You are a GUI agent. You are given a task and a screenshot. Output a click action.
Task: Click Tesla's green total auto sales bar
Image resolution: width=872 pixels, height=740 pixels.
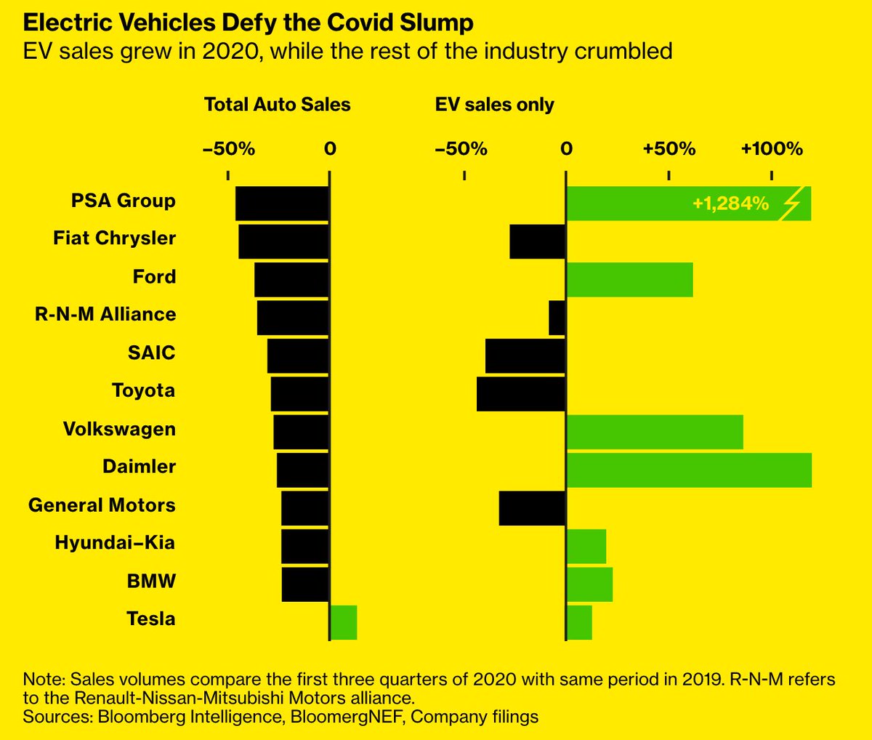[x=343, y=622]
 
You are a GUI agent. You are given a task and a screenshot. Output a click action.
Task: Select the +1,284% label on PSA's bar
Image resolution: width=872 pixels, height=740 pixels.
[x=730, y=204]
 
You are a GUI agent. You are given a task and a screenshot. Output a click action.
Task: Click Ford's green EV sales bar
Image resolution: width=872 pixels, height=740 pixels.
[x=629, y=280]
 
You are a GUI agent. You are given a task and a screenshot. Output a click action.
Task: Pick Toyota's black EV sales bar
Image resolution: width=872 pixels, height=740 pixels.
[x=521, y=393]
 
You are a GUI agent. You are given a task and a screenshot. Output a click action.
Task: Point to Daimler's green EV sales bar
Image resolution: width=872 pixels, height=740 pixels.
[x=688, y=470]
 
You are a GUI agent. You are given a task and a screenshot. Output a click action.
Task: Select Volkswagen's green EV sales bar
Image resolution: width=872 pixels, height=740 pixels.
[x=654, y=432]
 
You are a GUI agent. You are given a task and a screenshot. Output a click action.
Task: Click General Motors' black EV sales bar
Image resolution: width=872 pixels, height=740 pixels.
[x=532, y=508]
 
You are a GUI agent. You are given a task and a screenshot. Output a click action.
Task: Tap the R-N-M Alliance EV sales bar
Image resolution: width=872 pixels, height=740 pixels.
[x=557, y=318]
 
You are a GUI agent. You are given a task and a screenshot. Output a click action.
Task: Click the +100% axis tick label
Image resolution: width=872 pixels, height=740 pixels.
[x=772, y=149]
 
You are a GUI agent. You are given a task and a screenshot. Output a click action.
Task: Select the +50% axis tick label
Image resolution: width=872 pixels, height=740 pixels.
[x=669, y=149]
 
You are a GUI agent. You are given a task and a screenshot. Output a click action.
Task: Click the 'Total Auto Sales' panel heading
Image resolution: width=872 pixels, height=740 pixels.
[x=278, y=105]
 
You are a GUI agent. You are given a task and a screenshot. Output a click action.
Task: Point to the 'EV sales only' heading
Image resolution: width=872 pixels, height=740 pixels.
[x=494, y=105]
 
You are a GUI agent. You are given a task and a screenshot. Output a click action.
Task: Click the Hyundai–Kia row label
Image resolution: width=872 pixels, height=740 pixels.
[x=115, y=543]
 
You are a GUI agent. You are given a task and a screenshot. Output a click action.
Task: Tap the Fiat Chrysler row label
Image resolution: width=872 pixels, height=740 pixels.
[x=114, y=238]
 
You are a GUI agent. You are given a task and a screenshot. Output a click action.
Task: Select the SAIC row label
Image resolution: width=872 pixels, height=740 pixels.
[x=151, y=353]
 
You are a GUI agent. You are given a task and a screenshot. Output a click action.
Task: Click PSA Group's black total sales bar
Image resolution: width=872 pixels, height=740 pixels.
[x=282, y=204]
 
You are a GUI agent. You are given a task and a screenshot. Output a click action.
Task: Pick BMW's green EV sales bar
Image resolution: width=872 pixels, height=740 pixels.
[x=589, y=584]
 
